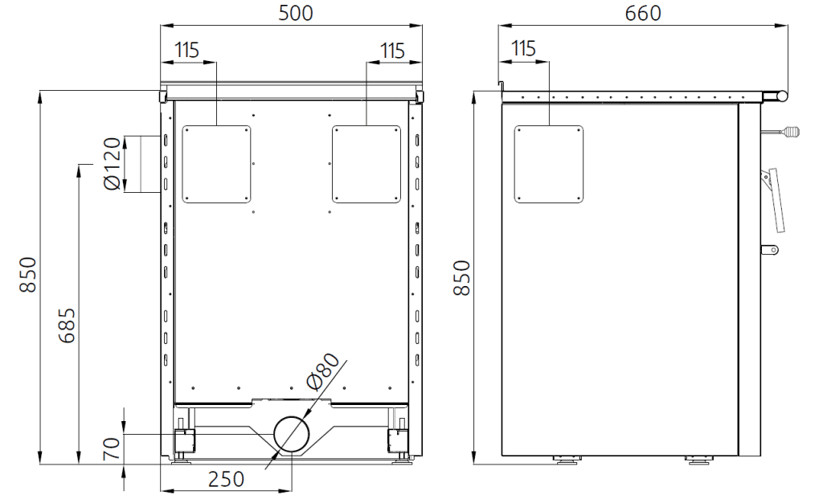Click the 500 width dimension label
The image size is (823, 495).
[296, 13]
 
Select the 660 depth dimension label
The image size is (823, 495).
[643, 13]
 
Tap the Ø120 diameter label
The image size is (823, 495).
[113, 164]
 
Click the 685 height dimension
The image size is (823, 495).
[68, 325]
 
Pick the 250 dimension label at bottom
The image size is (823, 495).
[226, 479]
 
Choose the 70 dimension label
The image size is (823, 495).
[112, 449]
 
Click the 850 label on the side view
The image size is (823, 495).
[462, 278]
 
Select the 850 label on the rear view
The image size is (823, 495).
[28, 275]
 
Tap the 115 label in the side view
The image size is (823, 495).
[523, 48]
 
